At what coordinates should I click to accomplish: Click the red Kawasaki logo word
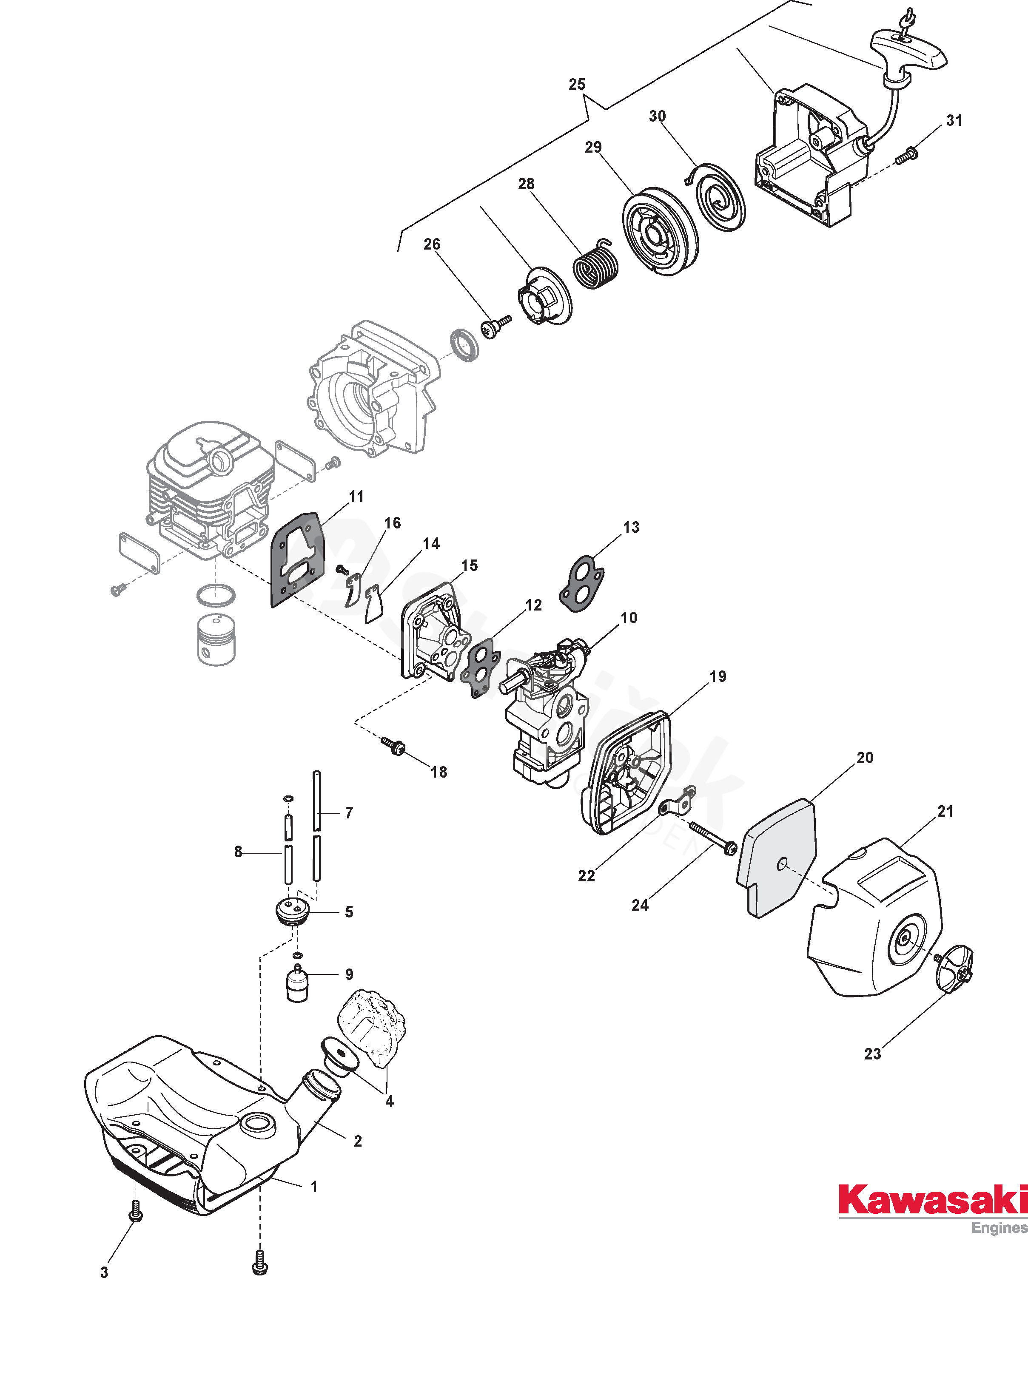click(x=931, y=1200)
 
